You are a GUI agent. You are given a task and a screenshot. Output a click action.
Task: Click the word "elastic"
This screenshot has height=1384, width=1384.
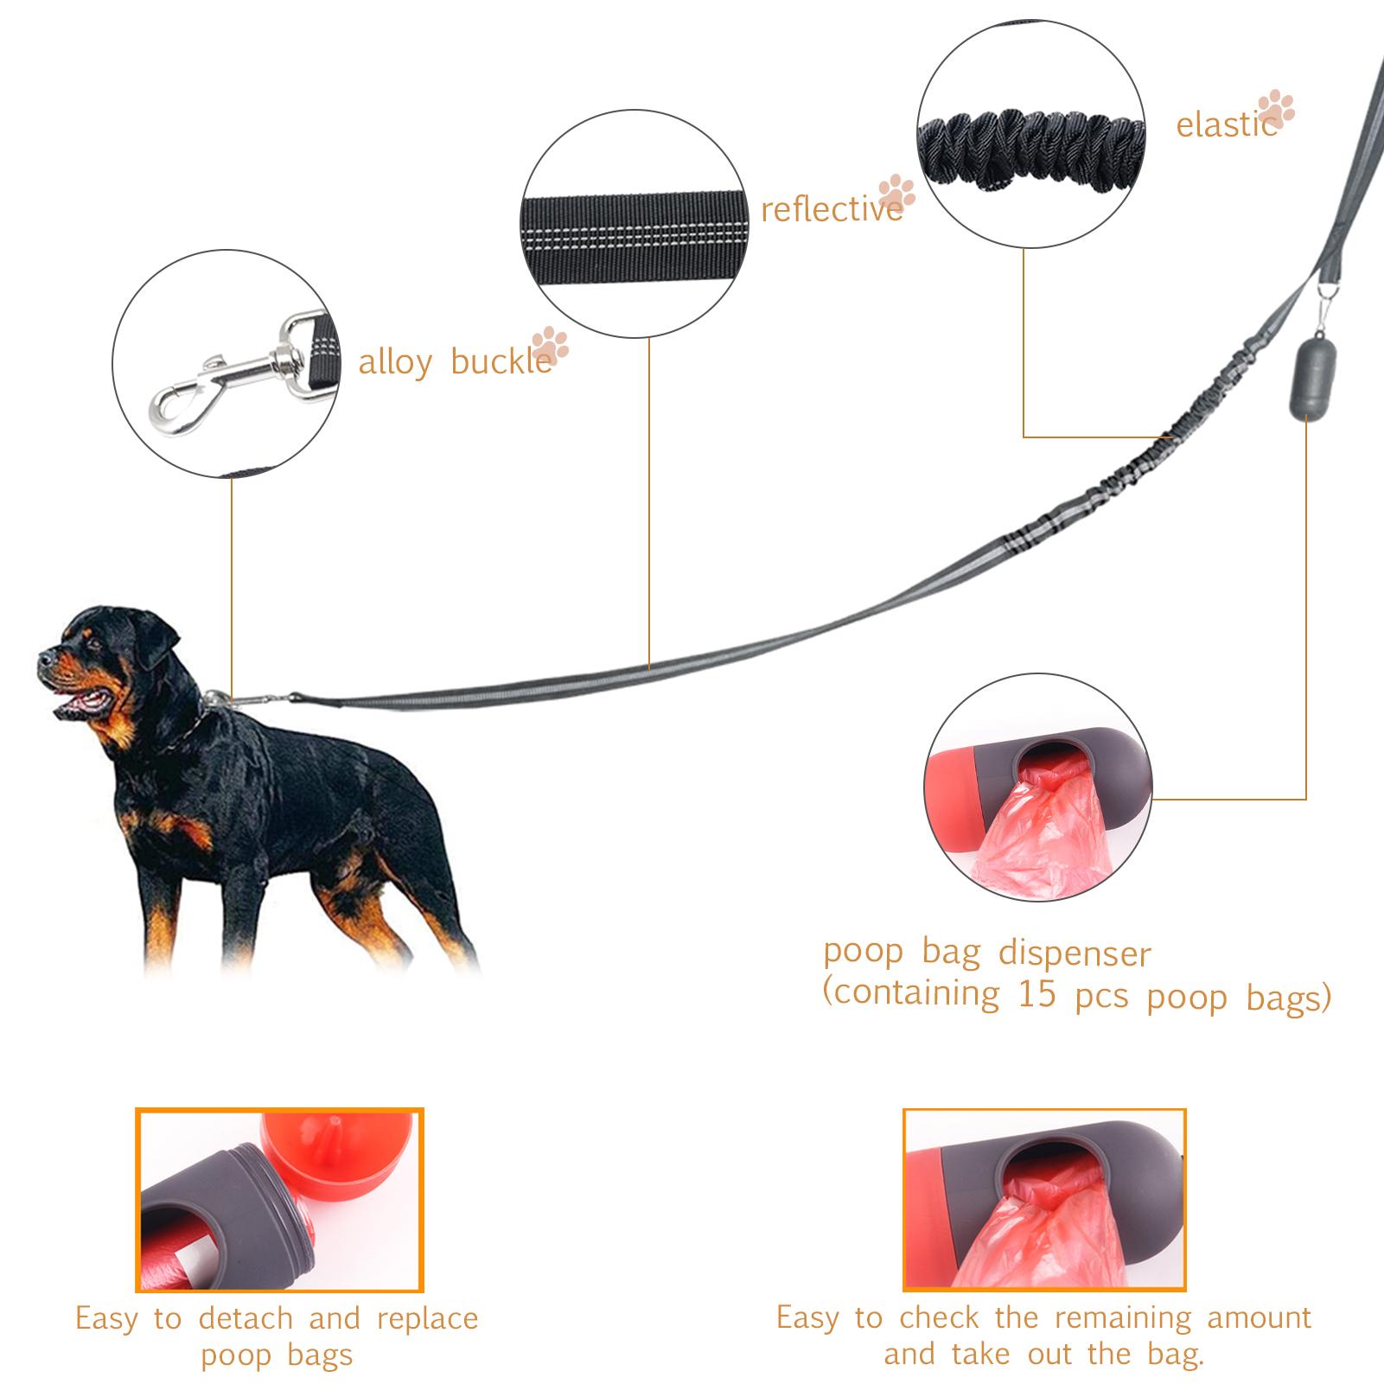tap(1226, 125)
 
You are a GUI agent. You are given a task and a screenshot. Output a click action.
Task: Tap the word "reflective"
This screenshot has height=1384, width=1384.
tap(832, 209)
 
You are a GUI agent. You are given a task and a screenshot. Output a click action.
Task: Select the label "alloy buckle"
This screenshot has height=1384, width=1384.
tap(455, 362)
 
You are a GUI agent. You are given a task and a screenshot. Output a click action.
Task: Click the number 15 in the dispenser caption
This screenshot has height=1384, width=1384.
tap(1037, 994)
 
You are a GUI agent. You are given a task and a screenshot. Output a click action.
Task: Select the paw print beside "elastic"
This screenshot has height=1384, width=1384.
tap(1276, 112)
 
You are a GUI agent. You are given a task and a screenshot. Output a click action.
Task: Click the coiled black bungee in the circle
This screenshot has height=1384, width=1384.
tap(1031, 152)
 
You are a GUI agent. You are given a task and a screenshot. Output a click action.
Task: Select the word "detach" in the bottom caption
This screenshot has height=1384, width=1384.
tap(246, 1318)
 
